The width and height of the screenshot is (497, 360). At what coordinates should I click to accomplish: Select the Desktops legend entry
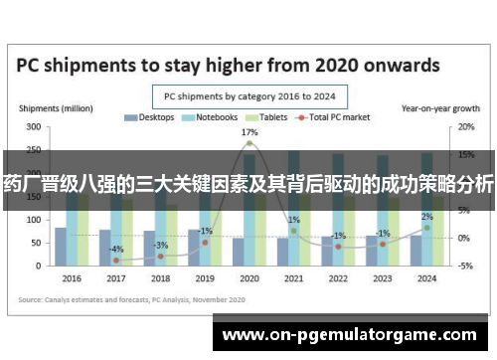click(x=150, y=118)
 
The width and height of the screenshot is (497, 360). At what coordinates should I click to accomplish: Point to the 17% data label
click(x=249, y=132)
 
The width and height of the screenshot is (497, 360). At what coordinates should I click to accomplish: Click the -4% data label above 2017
click(x=116, y=249)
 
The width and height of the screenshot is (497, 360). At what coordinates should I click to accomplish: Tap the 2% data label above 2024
click(x=426, y=217)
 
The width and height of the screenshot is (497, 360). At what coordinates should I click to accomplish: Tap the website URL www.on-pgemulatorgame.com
click(x=355, y=335)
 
